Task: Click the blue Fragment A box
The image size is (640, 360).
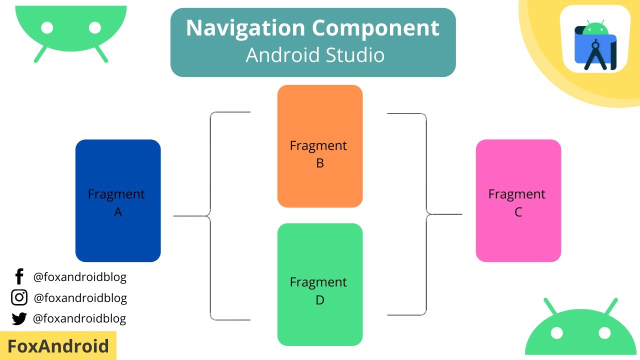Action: click(118, 200)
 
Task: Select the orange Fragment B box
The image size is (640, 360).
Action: click(320, 146)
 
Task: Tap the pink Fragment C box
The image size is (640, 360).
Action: click(518, 200)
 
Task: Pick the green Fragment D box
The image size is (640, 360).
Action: click(320, 284)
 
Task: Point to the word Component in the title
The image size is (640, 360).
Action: click(376, 28)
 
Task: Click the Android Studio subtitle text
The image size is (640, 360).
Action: click(315, 55)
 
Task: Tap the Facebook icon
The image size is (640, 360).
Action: click(19, 276)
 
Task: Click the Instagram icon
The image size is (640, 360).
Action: click(19, 297)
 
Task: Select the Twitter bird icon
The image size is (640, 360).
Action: click(19, 318)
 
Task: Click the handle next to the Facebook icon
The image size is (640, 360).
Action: click(80, 276)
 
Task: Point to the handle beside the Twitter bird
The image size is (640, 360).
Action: click(79, 318)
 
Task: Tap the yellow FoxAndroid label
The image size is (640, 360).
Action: click(58, 346)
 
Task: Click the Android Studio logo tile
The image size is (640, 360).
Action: click(594, 39)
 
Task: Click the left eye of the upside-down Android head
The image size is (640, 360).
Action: click(47, 28)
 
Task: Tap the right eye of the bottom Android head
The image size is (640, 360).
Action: click(604, 332)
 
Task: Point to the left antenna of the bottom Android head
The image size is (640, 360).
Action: click(550, 306)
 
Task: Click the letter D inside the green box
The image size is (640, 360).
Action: click(320, 300)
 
